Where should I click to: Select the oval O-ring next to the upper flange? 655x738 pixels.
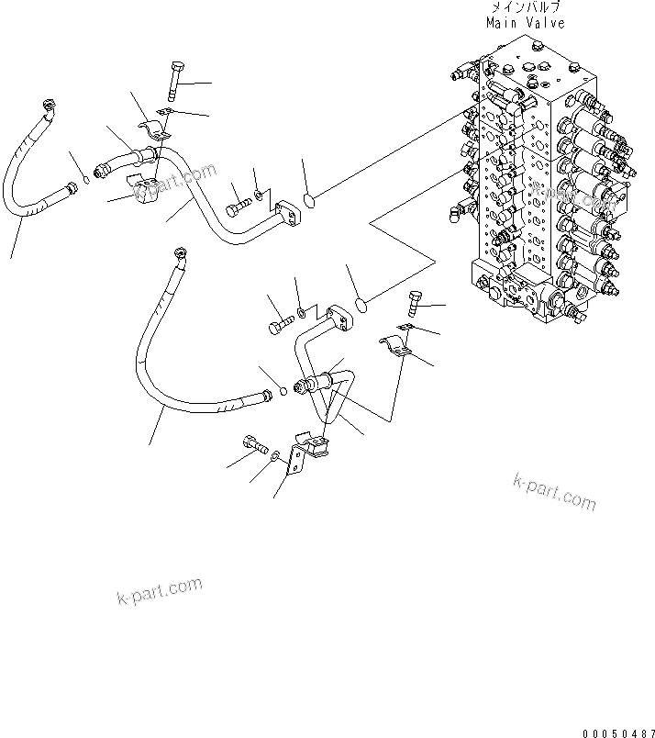310,196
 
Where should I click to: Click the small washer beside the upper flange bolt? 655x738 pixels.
261,195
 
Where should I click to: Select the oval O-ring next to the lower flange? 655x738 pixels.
361,303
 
